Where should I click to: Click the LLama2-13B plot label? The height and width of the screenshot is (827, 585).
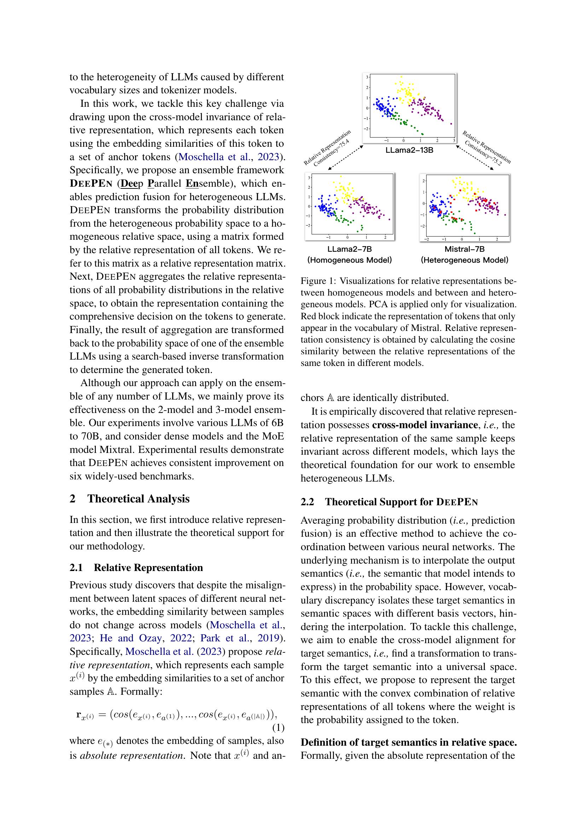[x=409, y=150]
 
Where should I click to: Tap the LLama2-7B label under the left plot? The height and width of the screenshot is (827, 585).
[x=349, y=249]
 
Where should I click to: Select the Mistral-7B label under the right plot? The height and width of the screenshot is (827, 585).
[x=464, y=249]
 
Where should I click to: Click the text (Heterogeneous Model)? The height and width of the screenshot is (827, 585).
[x=464, y=260]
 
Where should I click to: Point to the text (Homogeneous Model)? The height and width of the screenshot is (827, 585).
[x=349, y=260]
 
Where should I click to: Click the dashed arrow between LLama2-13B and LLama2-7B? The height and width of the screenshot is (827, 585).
[x=345, y=157]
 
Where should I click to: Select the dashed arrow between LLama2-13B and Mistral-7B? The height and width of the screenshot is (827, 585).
[x=475, y=157]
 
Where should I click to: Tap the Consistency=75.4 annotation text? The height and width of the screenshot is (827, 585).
[x=331, y=153]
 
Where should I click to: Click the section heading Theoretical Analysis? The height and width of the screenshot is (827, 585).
[x=138, y=499]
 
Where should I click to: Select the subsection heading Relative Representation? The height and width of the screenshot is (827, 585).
[x=148, y=568]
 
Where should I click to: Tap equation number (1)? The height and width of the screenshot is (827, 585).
[x=278, y=728]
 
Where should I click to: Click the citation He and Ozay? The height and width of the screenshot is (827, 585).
[x=131, y=638]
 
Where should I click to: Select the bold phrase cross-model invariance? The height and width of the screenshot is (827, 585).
[x=425, y=425]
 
